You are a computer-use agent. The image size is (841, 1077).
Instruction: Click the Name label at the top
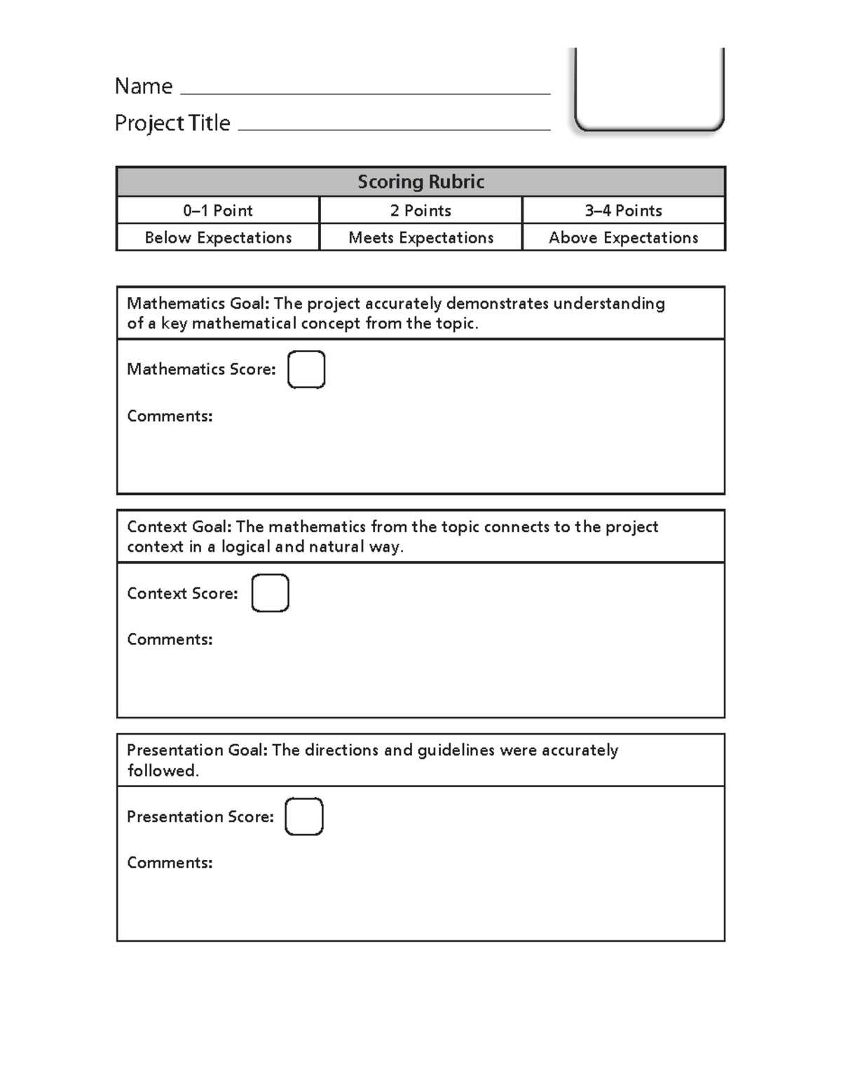(x=144, y=86)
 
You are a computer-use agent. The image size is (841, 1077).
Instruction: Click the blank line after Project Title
(x=394, y=126)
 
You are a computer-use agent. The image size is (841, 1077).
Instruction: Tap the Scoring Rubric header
(x=420, y=182)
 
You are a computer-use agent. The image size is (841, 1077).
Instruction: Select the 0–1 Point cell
(x=218, y=211)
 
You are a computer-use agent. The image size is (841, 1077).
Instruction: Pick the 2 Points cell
(x=420, y=211)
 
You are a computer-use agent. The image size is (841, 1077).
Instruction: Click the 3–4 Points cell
(x=623, y=211)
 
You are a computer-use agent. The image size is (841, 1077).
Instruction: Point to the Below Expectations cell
(x=218, y=238)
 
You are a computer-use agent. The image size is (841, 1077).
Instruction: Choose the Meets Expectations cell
(x=420, y=238)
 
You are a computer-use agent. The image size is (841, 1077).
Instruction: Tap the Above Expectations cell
(x=623, y=238)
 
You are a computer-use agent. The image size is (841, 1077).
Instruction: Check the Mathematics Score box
(x=306, y=370)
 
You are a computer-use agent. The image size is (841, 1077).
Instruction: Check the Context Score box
(x=270, y=593)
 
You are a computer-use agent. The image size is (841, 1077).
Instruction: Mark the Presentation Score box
(x=303, y=817)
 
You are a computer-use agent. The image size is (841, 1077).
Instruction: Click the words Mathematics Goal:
(x=198, y=304)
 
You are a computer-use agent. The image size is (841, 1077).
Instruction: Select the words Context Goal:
(x=179, y=527)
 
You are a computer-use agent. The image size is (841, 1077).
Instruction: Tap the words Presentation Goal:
(x=197, y=751)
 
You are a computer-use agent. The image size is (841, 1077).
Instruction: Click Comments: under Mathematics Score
(x=170, y=416)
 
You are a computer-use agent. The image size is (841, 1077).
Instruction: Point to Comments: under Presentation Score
(x=170, y=863)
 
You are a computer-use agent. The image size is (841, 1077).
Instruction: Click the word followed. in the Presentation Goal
(x=163, y=771)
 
